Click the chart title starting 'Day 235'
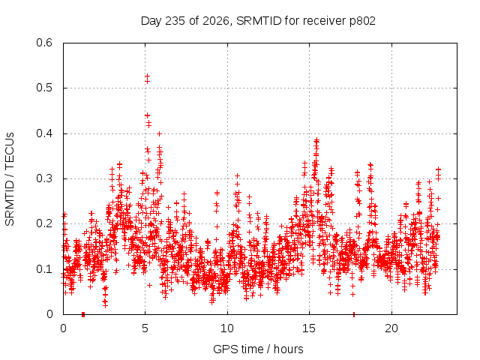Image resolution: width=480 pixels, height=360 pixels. pyautogui.click(x=258, y=21)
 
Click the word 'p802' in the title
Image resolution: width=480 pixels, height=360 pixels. pyautogui.click(x=362, y=22)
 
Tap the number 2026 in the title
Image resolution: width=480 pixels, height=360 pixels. pyautogui.click(x=216, y=21)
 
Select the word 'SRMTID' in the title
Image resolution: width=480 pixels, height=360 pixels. pyautogui.click(x=259, y=21)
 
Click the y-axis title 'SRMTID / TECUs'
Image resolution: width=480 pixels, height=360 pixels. pyautogui.click(x=10, y=179)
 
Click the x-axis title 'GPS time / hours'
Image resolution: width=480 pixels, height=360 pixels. pyautogui.click(x=258, y=349)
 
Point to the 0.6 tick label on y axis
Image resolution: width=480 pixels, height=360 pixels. pyautogui.click(x=44, y=43)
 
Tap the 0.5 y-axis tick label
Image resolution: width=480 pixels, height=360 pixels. pyautogui.click(x=44, y=88)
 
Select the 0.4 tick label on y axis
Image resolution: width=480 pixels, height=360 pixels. pyautogui.click(x=44, y=133)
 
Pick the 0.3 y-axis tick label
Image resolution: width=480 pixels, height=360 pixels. pyautogui.click(x=44, y=178)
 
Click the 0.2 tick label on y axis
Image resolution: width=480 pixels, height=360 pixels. pyautogui.click(x=44, y=223)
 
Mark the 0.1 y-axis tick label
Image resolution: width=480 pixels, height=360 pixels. pyautogui.click(x=44, y=269)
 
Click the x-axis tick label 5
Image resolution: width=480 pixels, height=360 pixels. pyautogui.click(x=145, y=328)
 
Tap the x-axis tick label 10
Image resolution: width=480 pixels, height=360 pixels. pyautogui.click(x=227, y=328)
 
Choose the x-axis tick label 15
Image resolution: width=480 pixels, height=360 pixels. pyautogui.click(x=309, y=328)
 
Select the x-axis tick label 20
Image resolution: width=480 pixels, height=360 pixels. pyautogui.click(x=391, y=328)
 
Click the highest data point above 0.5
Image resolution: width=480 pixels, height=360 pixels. pyautogui.click(x=147, y=75)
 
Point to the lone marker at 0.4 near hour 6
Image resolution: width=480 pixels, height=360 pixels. pyautogui.click(x=159, y=133)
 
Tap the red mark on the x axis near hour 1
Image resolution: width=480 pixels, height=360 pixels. pyautogui.click(x=83, y=314)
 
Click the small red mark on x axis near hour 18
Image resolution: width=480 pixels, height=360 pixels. pyautogui.click(x=354, y=314)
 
